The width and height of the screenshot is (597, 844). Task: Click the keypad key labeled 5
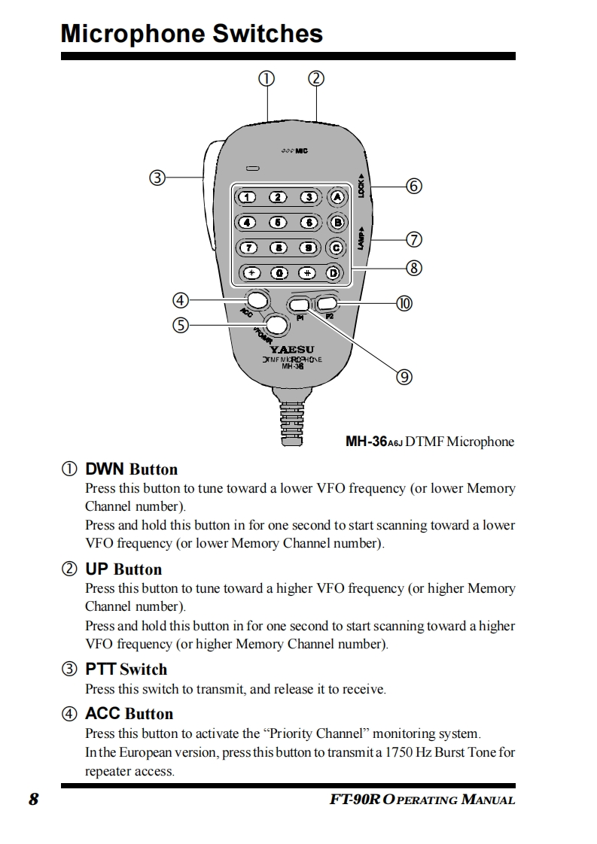coord(278,223)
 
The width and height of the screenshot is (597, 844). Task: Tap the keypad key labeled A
coord(337,197)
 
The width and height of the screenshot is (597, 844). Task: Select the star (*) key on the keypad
coord(251,273)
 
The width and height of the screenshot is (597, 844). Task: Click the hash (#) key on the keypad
coord(306,273)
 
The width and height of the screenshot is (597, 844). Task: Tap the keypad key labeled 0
coord(278,273)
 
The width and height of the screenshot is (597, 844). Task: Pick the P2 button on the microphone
coord(327,304)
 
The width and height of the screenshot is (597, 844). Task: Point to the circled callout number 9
coord(404,377)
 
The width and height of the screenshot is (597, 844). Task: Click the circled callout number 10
coord(404,303)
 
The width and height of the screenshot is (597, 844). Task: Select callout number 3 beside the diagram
coord(157,178)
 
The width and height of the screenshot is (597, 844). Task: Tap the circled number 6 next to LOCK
coord(413,186)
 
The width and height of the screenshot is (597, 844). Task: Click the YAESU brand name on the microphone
coord(292,350)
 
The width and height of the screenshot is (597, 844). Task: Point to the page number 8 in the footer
coord(33,799)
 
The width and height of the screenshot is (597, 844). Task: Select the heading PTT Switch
coord(126,669)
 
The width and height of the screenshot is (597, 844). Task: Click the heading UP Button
coord(123,569)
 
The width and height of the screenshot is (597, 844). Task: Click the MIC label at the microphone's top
coord(301,151)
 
